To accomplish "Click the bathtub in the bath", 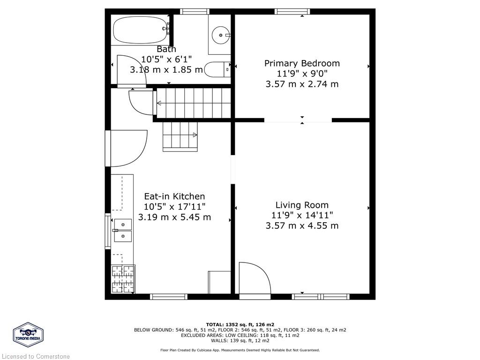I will [140, 30].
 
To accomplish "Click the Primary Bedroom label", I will [302, 63].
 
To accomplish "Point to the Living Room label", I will [302, 205].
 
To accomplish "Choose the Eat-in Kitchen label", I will [174, 196].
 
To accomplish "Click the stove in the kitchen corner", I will [123, 279].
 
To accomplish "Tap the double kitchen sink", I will [123, 230].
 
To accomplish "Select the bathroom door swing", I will [130, 70].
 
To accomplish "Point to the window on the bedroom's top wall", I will [292, 11].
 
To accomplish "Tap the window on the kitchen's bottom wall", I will [168, 296].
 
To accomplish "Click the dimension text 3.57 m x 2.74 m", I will [302, 84].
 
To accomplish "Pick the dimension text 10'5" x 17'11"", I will [174, 207].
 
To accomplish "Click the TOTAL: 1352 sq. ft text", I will [240, 324].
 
